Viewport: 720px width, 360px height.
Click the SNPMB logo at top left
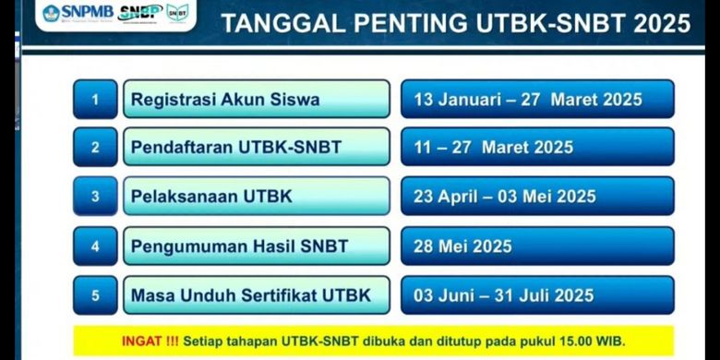click(78, 14)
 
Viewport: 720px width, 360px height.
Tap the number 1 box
click(95, 100)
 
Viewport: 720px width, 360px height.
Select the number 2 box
click(95, 148)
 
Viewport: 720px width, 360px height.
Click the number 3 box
click(95, 197)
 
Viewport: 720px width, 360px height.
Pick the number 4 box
click(95, 246)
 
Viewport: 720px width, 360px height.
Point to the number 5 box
click(95, 295)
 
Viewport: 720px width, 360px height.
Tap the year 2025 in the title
click(659, 24)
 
